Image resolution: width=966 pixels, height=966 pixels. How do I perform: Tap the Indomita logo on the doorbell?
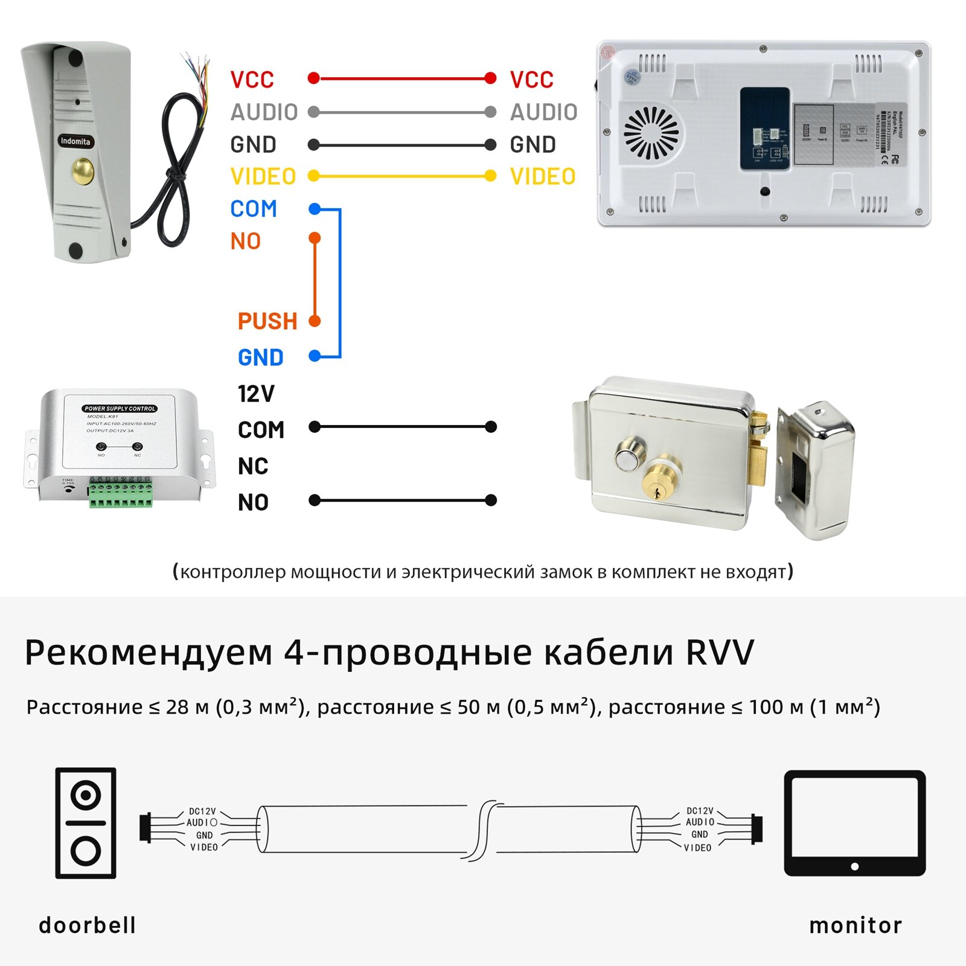(75, 141)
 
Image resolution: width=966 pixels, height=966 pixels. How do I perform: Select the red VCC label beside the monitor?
(531, 80)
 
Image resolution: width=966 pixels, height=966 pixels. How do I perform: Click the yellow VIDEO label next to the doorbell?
(263, 177)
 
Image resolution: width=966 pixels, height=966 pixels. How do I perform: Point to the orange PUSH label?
(267, 321)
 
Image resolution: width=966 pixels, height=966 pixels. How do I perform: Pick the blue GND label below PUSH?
(261, 357)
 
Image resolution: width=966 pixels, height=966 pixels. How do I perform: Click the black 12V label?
(256, 394)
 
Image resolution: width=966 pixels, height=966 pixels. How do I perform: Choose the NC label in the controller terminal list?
(253, 466)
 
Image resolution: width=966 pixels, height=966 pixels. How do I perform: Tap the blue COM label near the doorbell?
(254, 209)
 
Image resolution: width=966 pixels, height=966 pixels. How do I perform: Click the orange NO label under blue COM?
(246, 241)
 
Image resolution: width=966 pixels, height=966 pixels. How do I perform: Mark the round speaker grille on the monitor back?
(651, 133)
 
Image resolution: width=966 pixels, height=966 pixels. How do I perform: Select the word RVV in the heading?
(720, 652)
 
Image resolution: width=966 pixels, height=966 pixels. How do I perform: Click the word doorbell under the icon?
(88, 925)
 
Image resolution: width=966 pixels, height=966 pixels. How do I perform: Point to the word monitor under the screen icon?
(856, 925)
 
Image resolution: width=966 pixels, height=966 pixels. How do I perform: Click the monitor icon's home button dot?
(854, 866)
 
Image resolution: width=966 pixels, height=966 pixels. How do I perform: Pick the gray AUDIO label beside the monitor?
(543, 112)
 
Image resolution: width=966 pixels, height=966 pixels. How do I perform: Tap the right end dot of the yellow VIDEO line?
(490, 176)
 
